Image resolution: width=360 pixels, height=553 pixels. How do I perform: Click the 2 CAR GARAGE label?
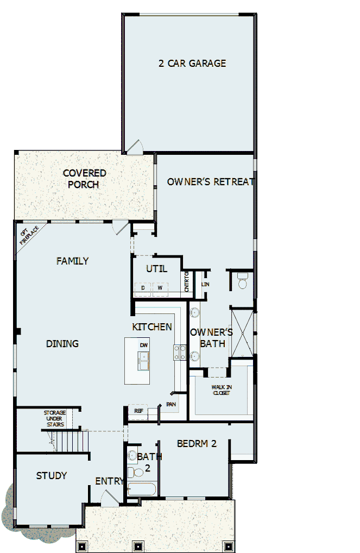tap(192, 64)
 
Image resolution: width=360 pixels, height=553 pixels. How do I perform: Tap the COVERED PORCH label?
tap(84, 179)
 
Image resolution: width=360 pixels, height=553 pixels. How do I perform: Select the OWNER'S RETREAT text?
tap(210, 182)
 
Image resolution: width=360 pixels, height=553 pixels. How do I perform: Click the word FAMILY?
tap(72, 261)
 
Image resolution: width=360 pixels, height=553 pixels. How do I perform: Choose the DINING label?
tap(62, 344)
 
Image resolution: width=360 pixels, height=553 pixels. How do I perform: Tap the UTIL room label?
tap(156, 269)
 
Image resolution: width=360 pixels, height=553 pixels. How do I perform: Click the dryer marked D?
tap(143, 287)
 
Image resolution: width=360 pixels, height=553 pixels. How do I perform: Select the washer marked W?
tap(160, 287)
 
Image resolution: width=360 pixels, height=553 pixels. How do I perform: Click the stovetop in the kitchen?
tap(180, 353)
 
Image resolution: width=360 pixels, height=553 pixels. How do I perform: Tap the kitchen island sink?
tap(144, 361)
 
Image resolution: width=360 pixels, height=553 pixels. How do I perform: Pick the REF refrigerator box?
tap(138, 411)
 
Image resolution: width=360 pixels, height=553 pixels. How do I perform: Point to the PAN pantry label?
tap(171, 404)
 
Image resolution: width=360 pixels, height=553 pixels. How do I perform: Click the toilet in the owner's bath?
tap(242, 281)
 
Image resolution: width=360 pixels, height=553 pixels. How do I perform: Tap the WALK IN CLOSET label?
tap(221, 389)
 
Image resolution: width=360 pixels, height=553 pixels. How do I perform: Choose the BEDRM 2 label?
tap(197, 444)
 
